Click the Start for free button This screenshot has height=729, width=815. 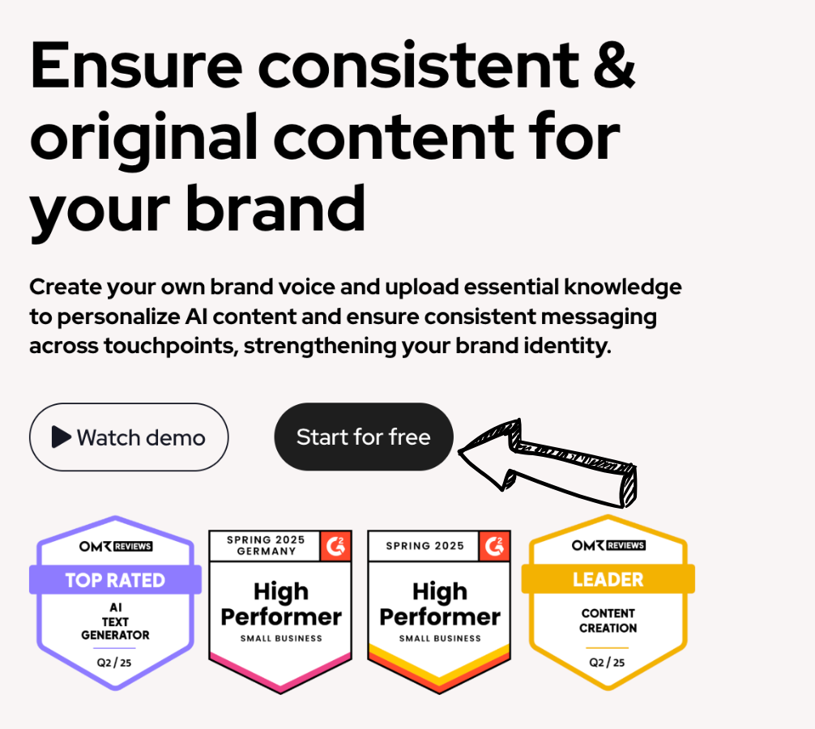click(x=363, y=437)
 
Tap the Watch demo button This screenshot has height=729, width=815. click(x=129, y=437)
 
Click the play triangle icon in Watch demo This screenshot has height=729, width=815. click(x=62, y=437)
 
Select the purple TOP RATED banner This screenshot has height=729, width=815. click(x=115, y=579)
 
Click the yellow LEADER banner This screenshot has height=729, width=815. click(x=608, y=579)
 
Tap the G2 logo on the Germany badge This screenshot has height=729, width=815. click(x=335, y=545)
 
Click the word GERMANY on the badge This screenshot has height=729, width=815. click(x=265, y=552)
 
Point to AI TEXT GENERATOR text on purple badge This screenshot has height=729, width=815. click(x=115, y=622)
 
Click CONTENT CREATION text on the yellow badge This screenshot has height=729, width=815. click(x=608, y=620)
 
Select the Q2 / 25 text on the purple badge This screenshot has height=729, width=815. click(x=115, y=662)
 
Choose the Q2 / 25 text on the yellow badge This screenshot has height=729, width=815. click(x=608, y=662)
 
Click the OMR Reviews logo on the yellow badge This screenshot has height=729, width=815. click(x=608, y=545)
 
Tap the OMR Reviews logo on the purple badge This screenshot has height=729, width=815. click(x=115, y=546)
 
